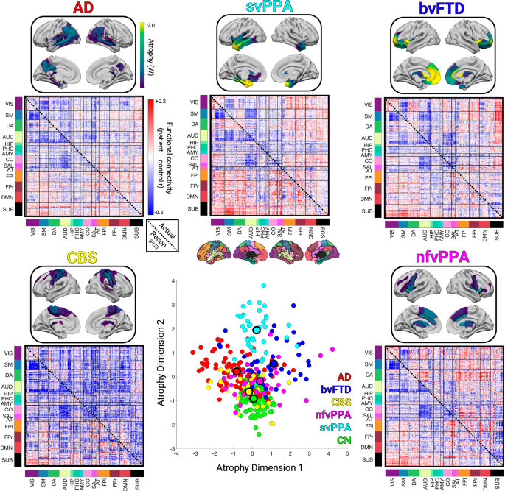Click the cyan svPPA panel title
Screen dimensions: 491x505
pyautogui.click(x=252, y=8)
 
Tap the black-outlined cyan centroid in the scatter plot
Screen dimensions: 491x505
pyautogui.click(x=257, y=330)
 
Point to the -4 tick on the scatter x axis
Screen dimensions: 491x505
pyautogui.click(x=177, y=453)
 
